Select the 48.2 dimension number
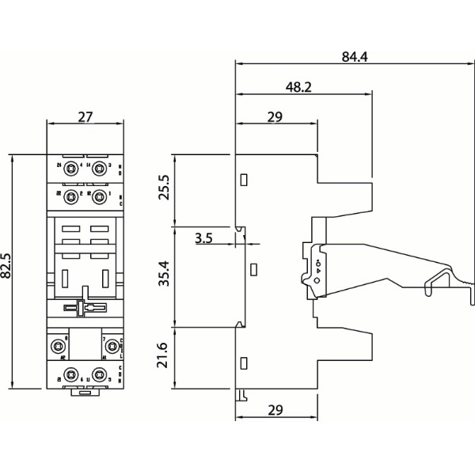pyautogui.click(x=298, y=87)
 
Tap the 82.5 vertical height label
pyautogui.click(x=7, y=267)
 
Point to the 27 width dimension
pyautogui.click(x=86, y=117)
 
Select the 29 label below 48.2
pyautogui.click(x=275, y=117)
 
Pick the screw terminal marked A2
pyautogui.click(x=59, y=346)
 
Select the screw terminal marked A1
pyautogui.click(x=113, y=346)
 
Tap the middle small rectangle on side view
pyautogui.click(x=253, y=270)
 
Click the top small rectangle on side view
pyautogui.click(x=245, y=180)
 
